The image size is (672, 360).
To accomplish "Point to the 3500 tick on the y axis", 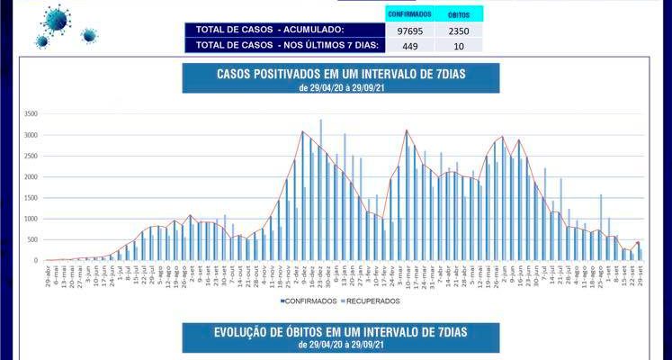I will [x=30, y=114].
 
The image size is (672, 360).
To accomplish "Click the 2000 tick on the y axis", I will [x=30, y=177].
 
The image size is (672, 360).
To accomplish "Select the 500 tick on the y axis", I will [x=31, y=239].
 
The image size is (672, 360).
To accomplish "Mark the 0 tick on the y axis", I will [x=35, y=260].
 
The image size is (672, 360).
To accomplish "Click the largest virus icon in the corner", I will [x=57, y=18].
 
